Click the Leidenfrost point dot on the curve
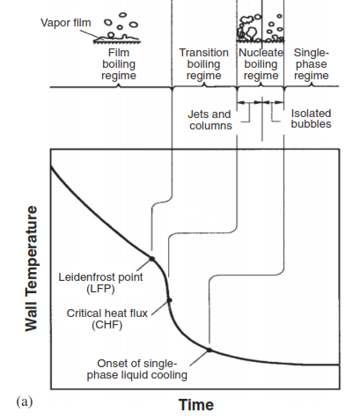[x=151, y=259]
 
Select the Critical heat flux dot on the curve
[x=169, y=300]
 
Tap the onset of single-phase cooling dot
[x=209, y=350]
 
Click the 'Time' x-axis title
[x=196, y=405]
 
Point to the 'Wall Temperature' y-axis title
[x=32, y=269]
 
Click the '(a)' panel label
[x=25, y=402]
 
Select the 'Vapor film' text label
[x=66, y=23]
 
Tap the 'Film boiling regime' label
[x=119, y=64]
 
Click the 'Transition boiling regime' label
[x=204, y=64]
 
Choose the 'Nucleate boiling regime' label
[x=261, y=64]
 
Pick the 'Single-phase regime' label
[x=312, y=64]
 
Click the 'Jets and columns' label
[x=210, y=120]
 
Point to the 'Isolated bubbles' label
[x=311, y=119]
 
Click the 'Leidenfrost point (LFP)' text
[x=100, y=283]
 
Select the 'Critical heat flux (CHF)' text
[x=107, y=319]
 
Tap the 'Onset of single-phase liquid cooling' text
[x=137, y=369]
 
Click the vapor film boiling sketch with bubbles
[x=117, y=28]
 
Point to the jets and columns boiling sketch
[x=249, y=28]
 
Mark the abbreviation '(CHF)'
[x=107, y=325]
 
